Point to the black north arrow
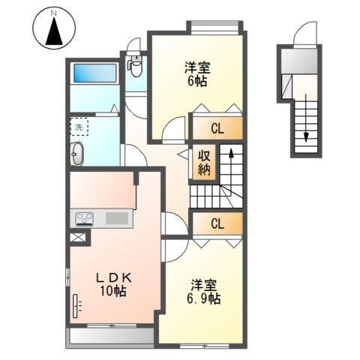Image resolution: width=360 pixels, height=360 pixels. (x=53, y=34)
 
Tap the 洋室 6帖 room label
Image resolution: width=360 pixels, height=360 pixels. (x=197, y=74)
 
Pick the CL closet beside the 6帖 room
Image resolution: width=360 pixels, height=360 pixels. (x=217, y=128)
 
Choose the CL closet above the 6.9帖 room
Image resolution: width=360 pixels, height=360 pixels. (x=217, y=223)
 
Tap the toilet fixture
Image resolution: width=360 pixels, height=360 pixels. (x=135, y=66)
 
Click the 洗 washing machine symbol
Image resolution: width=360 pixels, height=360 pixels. (x=79, y=127)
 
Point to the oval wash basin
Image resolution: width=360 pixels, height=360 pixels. (x=78, y=155)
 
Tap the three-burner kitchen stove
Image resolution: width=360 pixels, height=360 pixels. (x=83, y=219)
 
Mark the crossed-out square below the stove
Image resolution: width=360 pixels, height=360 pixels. (x=76, y=238)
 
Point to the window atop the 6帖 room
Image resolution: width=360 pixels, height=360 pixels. (x=215, y=27)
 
